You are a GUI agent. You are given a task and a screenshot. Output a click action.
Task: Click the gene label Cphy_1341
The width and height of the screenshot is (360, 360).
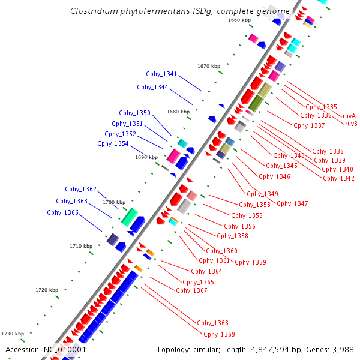point(161,74)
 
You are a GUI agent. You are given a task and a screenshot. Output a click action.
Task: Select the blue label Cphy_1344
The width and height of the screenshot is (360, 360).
point(152,87)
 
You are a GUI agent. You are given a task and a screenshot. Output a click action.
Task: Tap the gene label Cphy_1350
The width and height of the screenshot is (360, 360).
point(134,113)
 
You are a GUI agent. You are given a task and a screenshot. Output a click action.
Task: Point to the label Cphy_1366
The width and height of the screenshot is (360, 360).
point(62,212)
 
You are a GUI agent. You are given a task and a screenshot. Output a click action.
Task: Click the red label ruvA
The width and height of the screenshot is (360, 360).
point(349,116)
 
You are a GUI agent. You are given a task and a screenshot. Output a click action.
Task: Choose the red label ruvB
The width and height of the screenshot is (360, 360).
point(352,124)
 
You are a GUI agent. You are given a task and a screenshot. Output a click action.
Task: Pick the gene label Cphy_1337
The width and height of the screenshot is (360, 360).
point(309,125)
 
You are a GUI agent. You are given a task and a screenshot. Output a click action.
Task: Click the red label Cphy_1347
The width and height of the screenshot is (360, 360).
point(292,203)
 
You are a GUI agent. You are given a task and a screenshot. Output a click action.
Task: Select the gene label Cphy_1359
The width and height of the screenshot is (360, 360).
point(250,262)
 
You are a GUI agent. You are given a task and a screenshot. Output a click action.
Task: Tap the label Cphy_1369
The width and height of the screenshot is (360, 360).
point(219,334)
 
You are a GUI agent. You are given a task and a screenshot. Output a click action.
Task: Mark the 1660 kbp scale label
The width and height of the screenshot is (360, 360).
point(239,20)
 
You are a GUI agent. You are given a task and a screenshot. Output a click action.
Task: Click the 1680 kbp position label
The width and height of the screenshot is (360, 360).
point(178,112)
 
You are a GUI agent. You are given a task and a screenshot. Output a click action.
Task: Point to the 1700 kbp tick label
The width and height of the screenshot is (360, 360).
point(114,202)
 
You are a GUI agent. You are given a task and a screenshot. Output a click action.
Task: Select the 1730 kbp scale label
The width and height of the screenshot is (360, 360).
point(13,334)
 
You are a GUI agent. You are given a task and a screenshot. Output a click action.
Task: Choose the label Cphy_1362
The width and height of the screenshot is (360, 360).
point(80,190)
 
